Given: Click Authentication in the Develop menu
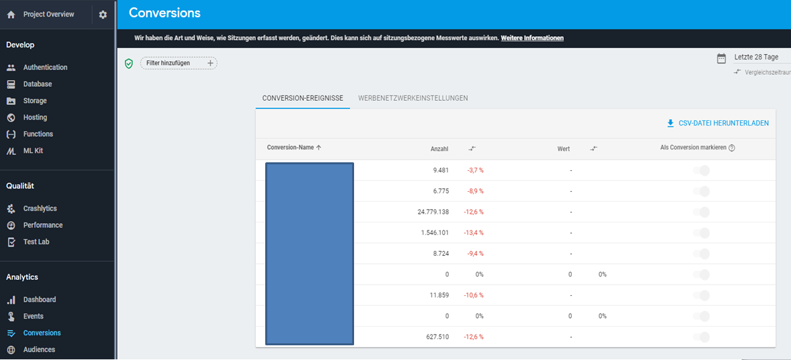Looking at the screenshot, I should coord(45,67).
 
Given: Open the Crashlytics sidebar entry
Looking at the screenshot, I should coord(39,208).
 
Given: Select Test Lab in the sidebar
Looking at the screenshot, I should coord(36,242).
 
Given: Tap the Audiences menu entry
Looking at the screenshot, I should coord(39,349).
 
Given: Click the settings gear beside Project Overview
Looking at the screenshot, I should coord(103,15).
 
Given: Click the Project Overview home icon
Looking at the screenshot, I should coord(11,15).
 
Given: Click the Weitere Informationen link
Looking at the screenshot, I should coord(532,38).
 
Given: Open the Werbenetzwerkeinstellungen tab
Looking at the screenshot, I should coord(413,98).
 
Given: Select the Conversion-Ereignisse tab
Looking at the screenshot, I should coord(303,98).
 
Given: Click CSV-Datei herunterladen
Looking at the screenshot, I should coord(718,123).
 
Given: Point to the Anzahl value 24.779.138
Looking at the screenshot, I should coord(433,212).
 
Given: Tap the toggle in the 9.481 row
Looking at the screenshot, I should coord(701,170).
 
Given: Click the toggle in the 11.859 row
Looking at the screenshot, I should coord(701,295).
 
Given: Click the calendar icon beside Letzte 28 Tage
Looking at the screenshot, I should coord(722,58).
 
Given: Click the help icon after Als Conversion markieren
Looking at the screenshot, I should coord(732,148).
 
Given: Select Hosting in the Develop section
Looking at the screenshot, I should coord(35,118).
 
